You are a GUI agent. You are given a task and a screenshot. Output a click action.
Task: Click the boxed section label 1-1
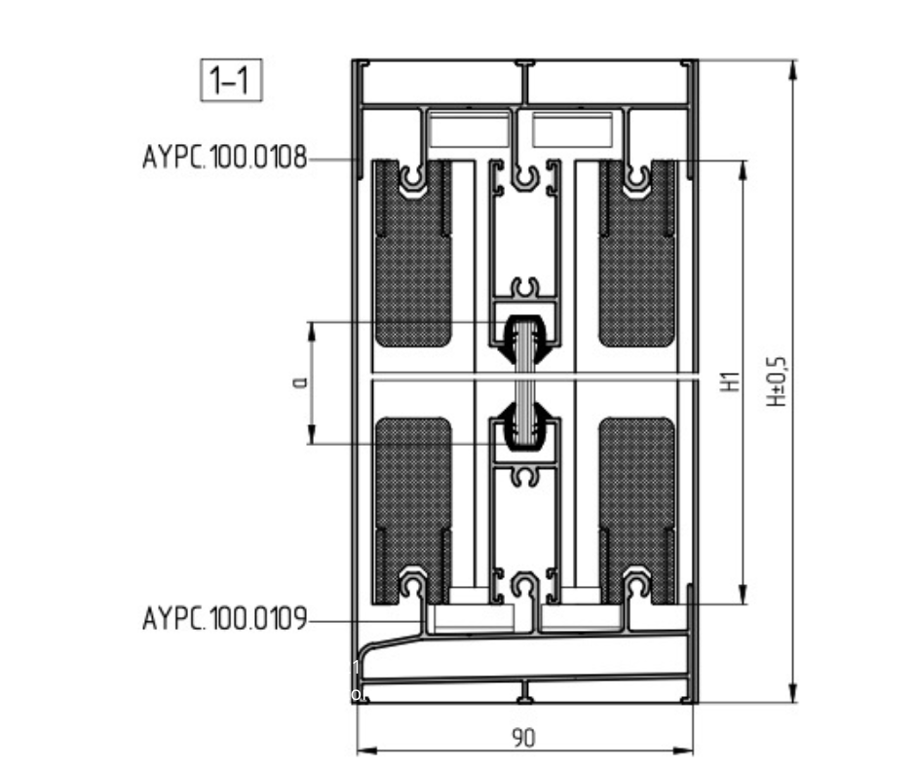click(231, 80)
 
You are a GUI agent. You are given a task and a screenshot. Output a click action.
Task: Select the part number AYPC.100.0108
click(225, 158)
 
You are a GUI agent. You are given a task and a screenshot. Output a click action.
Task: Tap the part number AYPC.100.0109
click(225, 619)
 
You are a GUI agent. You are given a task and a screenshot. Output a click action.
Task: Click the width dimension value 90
click(523, 739)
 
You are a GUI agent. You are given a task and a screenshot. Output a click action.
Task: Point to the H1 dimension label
click(730, 382)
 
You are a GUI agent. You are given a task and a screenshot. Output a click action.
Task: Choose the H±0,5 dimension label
click(777, 382)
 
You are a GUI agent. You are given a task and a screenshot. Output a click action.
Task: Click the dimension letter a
click(300, 383)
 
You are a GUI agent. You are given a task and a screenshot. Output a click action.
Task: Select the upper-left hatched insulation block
click(413, 252)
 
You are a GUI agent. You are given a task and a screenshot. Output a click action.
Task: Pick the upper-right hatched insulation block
click(636, 252)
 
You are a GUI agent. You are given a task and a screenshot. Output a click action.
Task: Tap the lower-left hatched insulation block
click(413, 510)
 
